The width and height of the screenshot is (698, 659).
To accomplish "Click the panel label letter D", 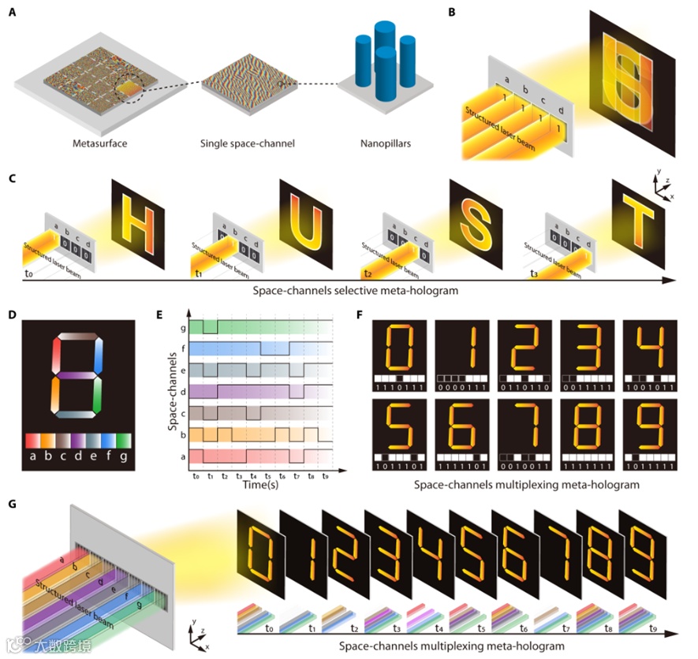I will [11, 315].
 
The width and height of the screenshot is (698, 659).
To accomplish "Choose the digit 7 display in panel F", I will [524, 426].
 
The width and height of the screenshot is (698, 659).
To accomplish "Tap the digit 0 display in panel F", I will [401, 345].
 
